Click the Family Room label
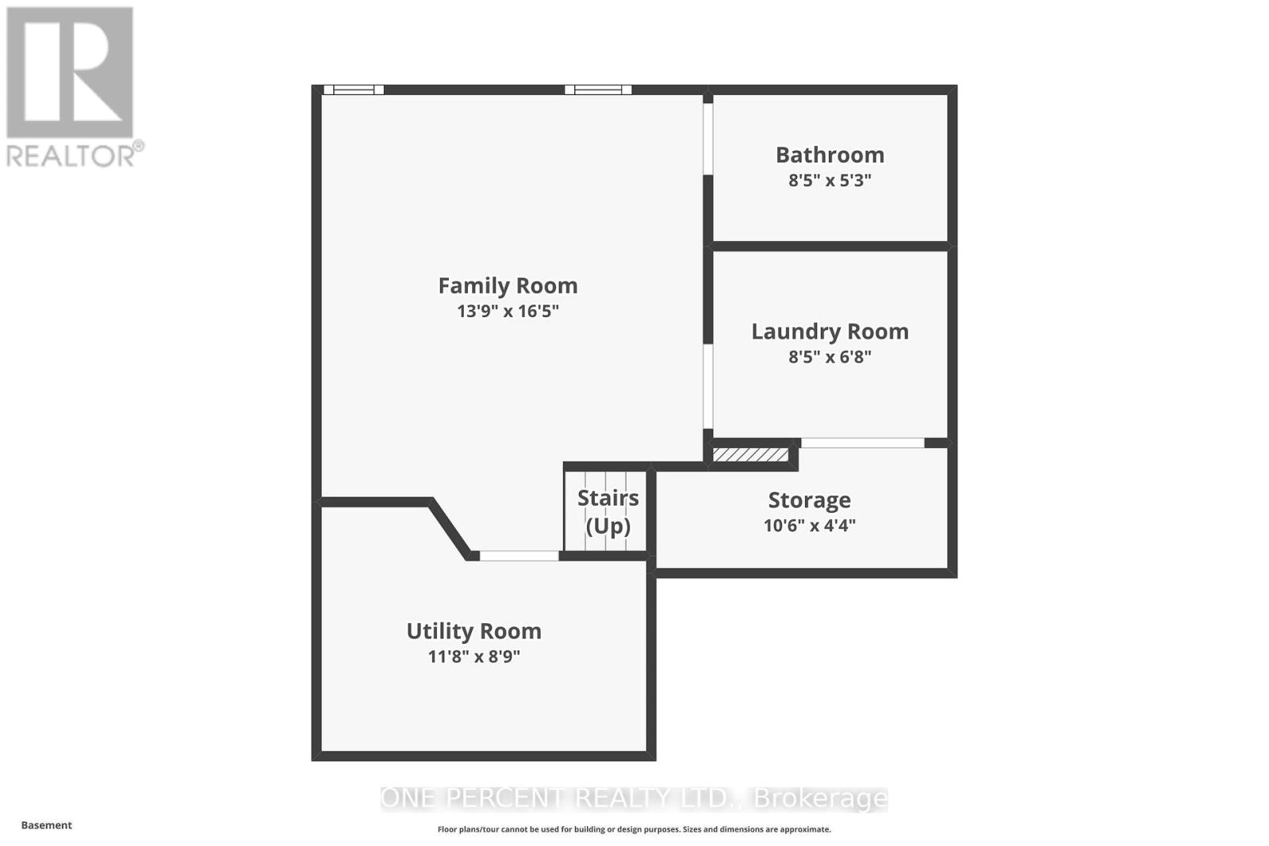point(508,285)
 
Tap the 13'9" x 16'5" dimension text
point(508,311)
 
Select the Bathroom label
point(830,155)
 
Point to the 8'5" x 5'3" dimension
point(830,180)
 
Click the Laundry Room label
point(830,331)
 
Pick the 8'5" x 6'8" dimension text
point(830,357)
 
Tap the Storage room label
point(809,500)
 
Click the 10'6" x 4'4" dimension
point(809,525)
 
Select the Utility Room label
point(473,631)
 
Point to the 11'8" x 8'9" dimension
point(473,657)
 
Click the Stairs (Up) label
point(608,511)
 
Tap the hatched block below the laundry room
point(750,455)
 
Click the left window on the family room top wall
point(354,90)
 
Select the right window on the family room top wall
point(598,90)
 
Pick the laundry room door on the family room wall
point(707,387)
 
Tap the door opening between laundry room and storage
point(862,442)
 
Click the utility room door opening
point(519,556)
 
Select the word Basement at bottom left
point(46,825)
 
